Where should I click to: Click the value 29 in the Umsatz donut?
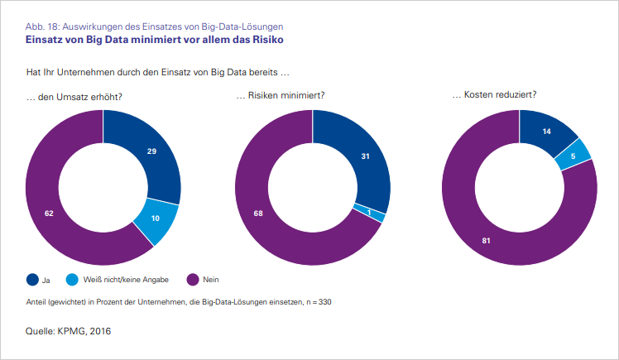151,151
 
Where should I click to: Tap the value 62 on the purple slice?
49,213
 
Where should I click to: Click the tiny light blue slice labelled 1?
370,213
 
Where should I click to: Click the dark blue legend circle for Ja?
33,279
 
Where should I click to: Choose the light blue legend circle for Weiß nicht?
73,279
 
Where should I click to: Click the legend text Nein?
210,280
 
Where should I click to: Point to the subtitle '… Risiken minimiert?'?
280,97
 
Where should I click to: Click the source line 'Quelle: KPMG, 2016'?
70,331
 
